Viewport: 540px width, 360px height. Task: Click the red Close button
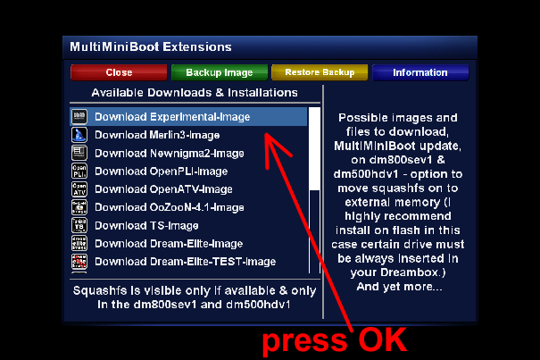pos(119,72)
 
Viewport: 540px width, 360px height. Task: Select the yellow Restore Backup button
pos(320,72)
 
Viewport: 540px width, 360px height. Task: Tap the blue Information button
pos(420,72)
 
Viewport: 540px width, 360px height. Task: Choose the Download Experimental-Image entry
pos(172,117)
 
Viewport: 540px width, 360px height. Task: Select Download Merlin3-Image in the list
pos(157,135)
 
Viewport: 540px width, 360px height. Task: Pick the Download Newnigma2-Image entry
pos(170,153)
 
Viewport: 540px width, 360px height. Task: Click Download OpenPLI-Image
pos(162,172)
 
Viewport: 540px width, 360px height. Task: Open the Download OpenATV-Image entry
pos(163,189)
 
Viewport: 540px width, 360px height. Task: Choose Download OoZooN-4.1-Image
pos(170,207)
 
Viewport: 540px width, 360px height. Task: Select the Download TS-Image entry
pos(146,225)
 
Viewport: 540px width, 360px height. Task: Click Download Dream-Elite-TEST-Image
pos(186,262)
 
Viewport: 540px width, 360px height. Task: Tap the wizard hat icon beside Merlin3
pos(79,135)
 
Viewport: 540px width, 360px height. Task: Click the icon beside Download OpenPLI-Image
pos(79,171)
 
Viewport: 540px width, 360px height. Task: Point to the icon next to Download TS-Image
pos(79,225)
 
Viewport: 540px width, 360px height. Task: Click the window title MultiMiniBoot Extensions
pos(151,46)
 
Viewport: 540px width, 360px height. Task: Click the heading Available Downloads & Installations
pos(195,93)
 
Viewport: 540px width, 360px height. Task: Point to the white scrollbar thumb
pos(314,148)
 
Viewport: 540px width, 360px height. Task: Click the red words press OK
pos(335,340)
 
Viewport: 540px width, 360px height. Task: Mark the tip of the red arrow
pos(265,133)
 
